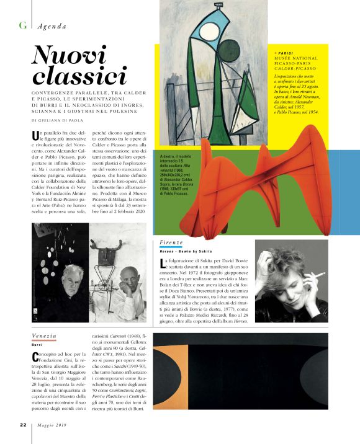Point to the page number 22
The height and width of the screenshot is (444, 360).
point(22,425)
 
